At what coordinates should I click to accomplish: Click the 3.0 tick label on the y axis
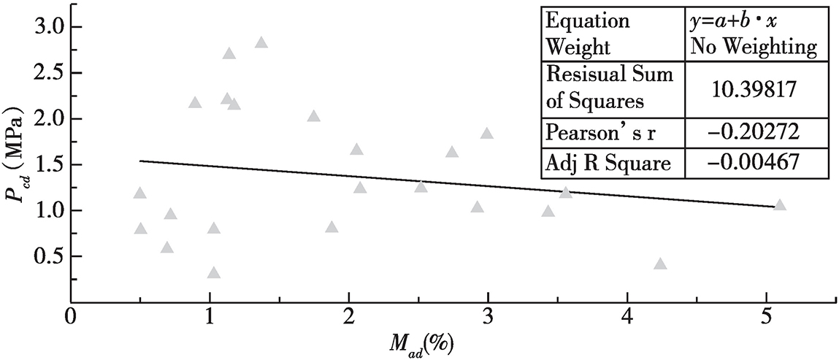45,27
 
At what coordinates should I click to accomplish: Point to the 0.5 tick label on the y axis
45,256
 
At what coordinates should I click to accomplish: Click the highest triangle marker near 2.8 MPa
261,42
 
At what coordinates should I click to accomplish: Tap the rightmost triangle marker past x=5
780,205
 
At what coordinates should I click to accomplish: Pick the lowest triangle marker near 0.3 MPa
213,273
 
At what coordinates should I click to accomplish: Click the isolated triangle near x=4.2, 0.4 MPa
660,264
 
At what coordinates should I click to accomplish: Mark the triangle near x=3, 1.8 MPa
487,134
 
